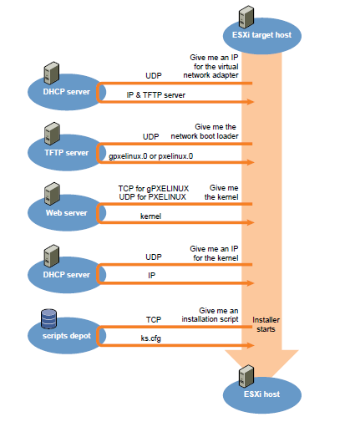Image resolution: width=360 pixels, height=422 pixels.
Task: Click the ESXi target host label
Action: [261, 35]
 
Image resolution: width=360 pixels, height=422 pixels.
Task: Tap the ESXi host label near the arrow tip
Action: [261, 394]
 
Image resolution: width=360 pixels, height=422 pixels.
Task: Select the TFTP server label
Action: [67, 153]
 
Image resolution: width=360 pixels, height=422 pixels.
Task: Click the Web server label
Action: [67, 213]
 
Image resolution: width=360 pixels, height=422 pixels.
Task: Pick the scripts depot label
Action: [67, 336]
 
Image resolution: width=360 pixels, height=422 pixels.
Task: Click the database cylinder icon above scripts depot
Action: [48, 318]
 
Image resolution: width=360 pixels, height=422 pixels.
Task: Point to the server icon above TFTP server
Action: [52, 134]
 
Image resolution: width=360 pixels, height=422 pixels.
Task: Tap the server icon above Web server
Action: [52, 194]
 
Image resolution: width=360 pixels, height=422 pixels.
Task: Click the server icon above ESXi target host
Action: [246, 17]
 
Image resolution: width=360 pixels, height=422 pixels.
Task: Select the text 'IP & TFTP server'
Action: [156, 95]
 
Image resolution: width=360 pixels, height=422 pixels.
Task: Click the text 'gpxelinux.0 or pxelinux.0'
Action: [150, 156]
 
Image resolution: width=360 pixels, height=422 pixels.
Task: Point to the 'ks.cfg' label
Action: [150, 338]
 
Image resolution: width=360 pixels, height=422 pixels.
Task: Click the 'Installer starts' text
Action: [266, 324]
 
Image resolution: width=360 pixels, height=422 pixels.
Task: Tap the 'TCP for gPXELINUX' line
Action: [154, 189]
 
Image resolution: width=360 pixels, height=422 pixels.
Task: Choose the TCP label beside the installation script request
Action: [154, 319]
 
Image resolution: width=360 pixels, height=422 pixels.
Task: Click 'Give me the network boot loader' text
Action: [205, 131]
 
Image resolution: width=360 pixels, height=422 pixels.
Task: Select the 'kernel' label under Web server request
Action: [150, 216]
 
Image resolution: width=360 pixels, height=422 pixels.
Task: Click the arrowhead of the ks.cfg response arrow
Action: [251, 345]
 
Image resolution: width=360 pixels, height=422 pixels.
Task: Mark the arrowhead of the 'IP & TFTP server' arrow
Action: [251, 102]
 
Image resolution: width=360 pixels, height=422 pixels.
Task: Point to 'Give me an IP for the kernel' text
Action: [214, 253]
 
